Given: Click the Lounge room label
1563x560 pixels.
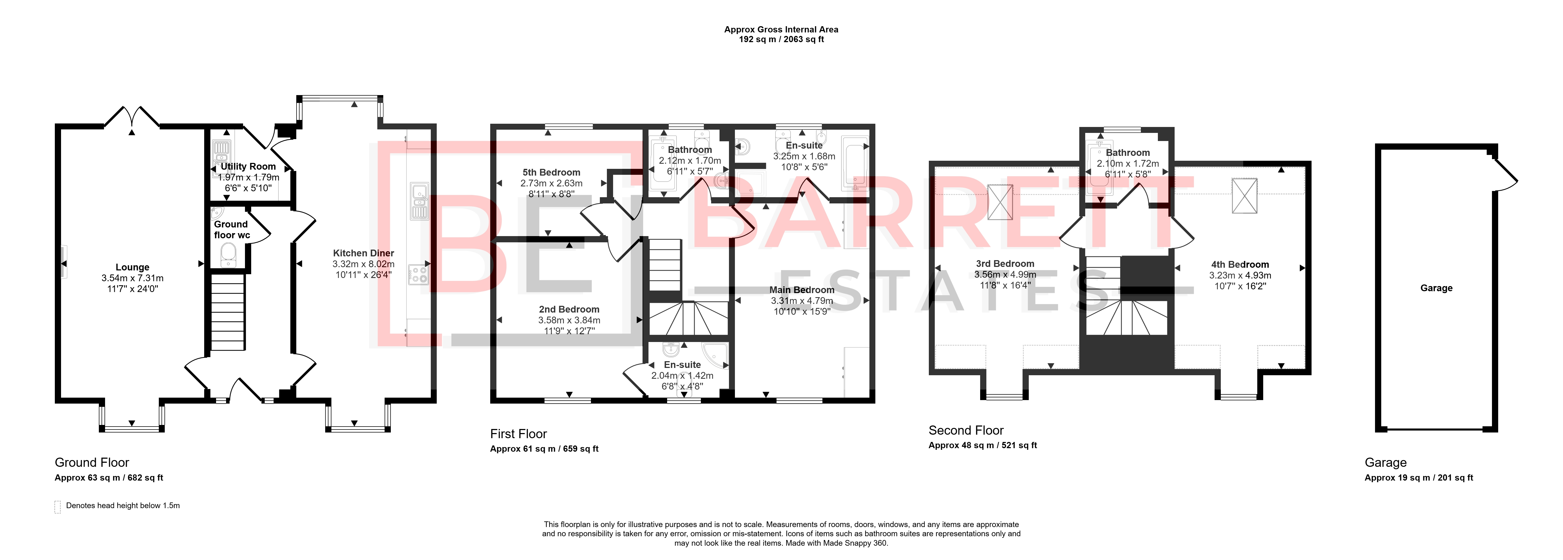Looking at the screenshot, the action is [132, 267].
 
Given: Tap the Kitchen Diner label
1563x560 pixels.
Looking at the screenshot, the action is [364, 253].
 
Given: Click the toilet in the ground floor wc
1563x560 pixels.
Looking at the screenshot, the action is [228, 255].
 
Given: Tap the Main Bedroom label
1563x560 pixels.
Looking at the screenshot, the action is [802, 290].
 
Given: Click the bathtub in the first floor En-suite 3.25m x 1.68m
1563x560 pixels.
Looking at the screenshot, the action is [856, 164].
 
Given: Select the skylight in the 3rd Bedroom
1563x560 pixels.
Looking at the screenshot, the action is [1000, 202].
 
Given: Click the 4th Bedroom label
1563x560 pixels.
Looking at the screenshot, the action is [1240, 264].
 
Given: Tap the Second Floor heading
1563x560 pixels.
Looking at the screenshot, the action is [966, 430].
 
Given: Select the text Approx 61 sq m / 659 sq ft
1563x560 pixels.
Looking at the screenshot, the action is [544, 449].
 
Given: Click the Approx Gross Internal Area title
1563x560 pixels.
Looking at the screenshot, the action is [782, 29].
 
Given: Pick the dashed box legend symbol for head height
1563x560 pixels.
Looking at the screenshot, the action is [58, 507].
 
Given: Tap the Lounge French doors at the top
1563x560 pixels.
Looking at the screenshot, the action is [132, 116].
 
